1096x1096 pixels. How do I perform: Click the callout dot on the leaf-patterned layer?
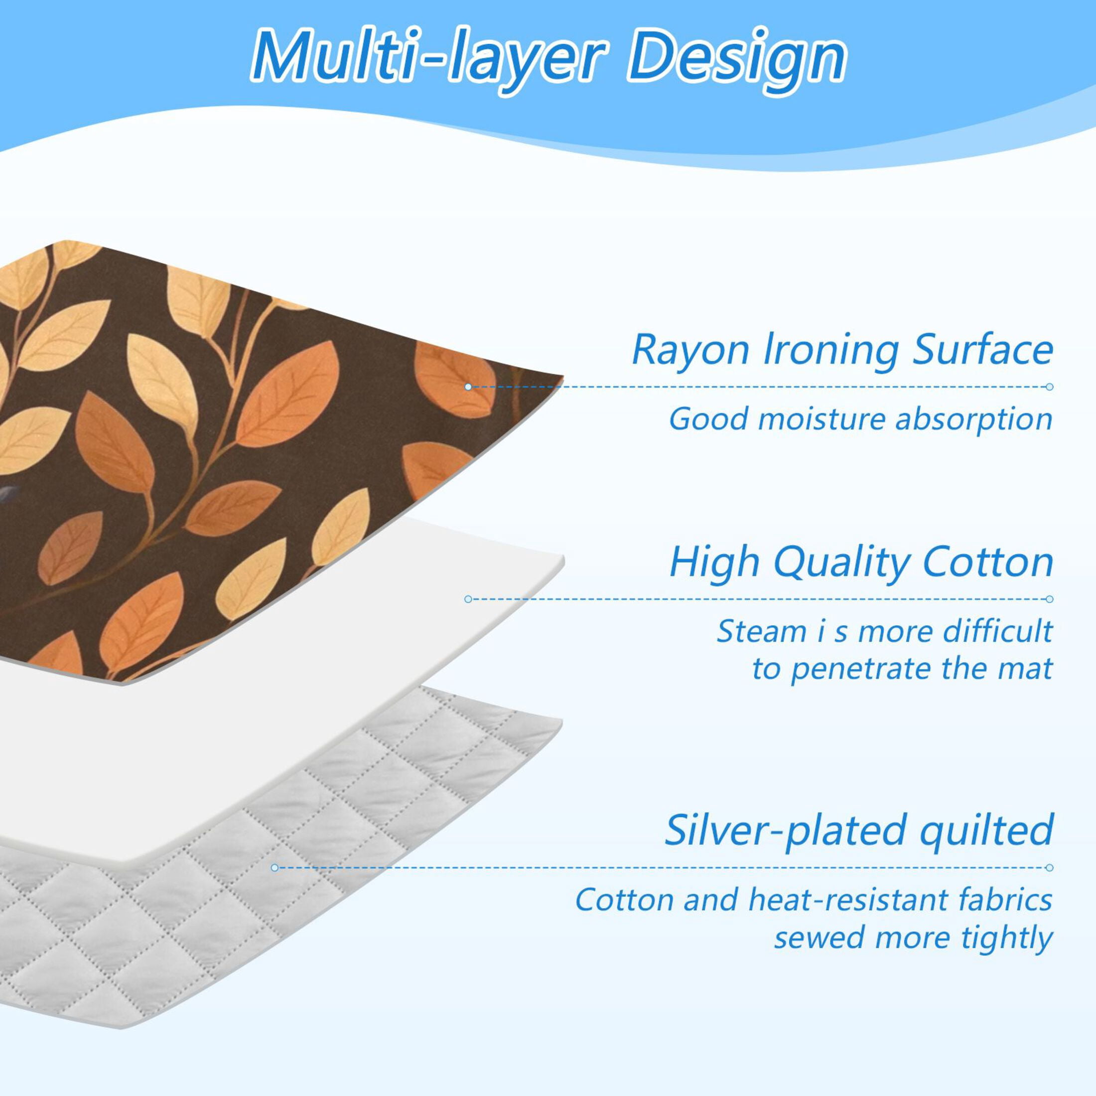[468, 387]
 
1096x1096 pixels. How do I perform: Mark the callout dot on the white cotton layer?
[468, 599]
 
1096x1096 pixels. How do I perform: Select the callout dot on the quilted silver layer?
[274, 868]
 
